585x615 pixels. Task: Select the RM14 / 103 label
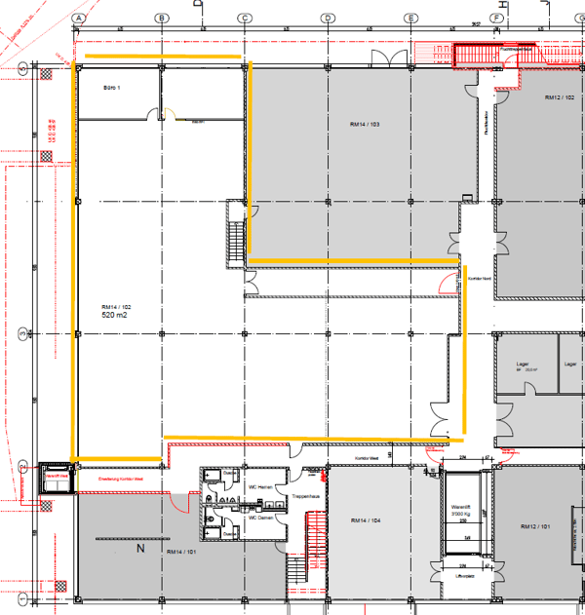tap(363, 126)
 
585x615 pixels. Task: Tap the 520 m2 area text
tap(116, 316)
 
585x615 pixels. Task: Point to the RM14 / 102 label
tap(116, 306)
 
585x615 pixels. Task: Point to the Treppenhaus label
tap(305, 496)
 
